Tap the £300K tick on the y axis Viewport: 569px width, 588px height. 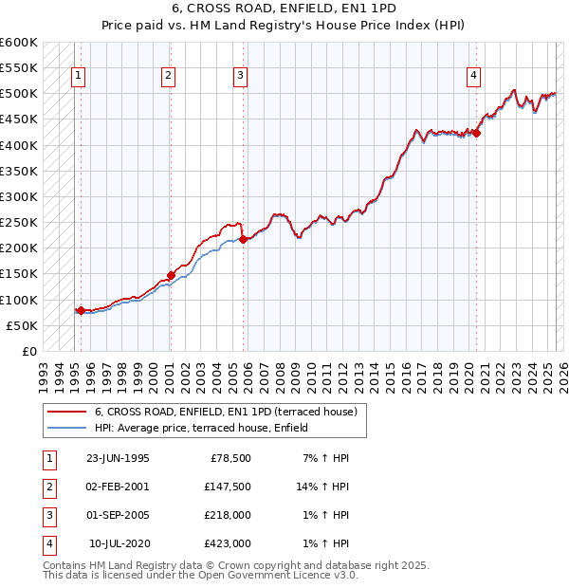click(19, 196)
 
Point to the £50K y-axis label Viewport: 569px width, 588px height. click(22, 325)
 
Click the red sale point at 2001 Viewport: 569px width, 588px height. click(172, 275)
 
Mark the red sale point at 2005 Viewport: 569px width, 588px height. click(244, 239)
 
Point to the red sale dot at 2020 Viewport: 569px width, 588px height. click(477, 134)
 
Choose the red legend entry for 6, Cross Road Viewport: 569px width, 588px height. click(226, 412)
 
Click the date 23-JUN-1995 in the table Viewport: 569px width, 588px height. click(118, 457)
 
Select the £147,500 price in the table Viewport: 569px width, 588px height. click(228, 486)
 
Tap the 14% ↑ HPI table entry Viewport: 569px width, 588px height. click(323, 486)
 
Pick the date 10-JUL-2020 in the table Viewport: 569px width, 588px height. click(119, 543)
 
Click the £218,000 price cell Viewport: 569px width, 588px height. click(228, 515)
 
